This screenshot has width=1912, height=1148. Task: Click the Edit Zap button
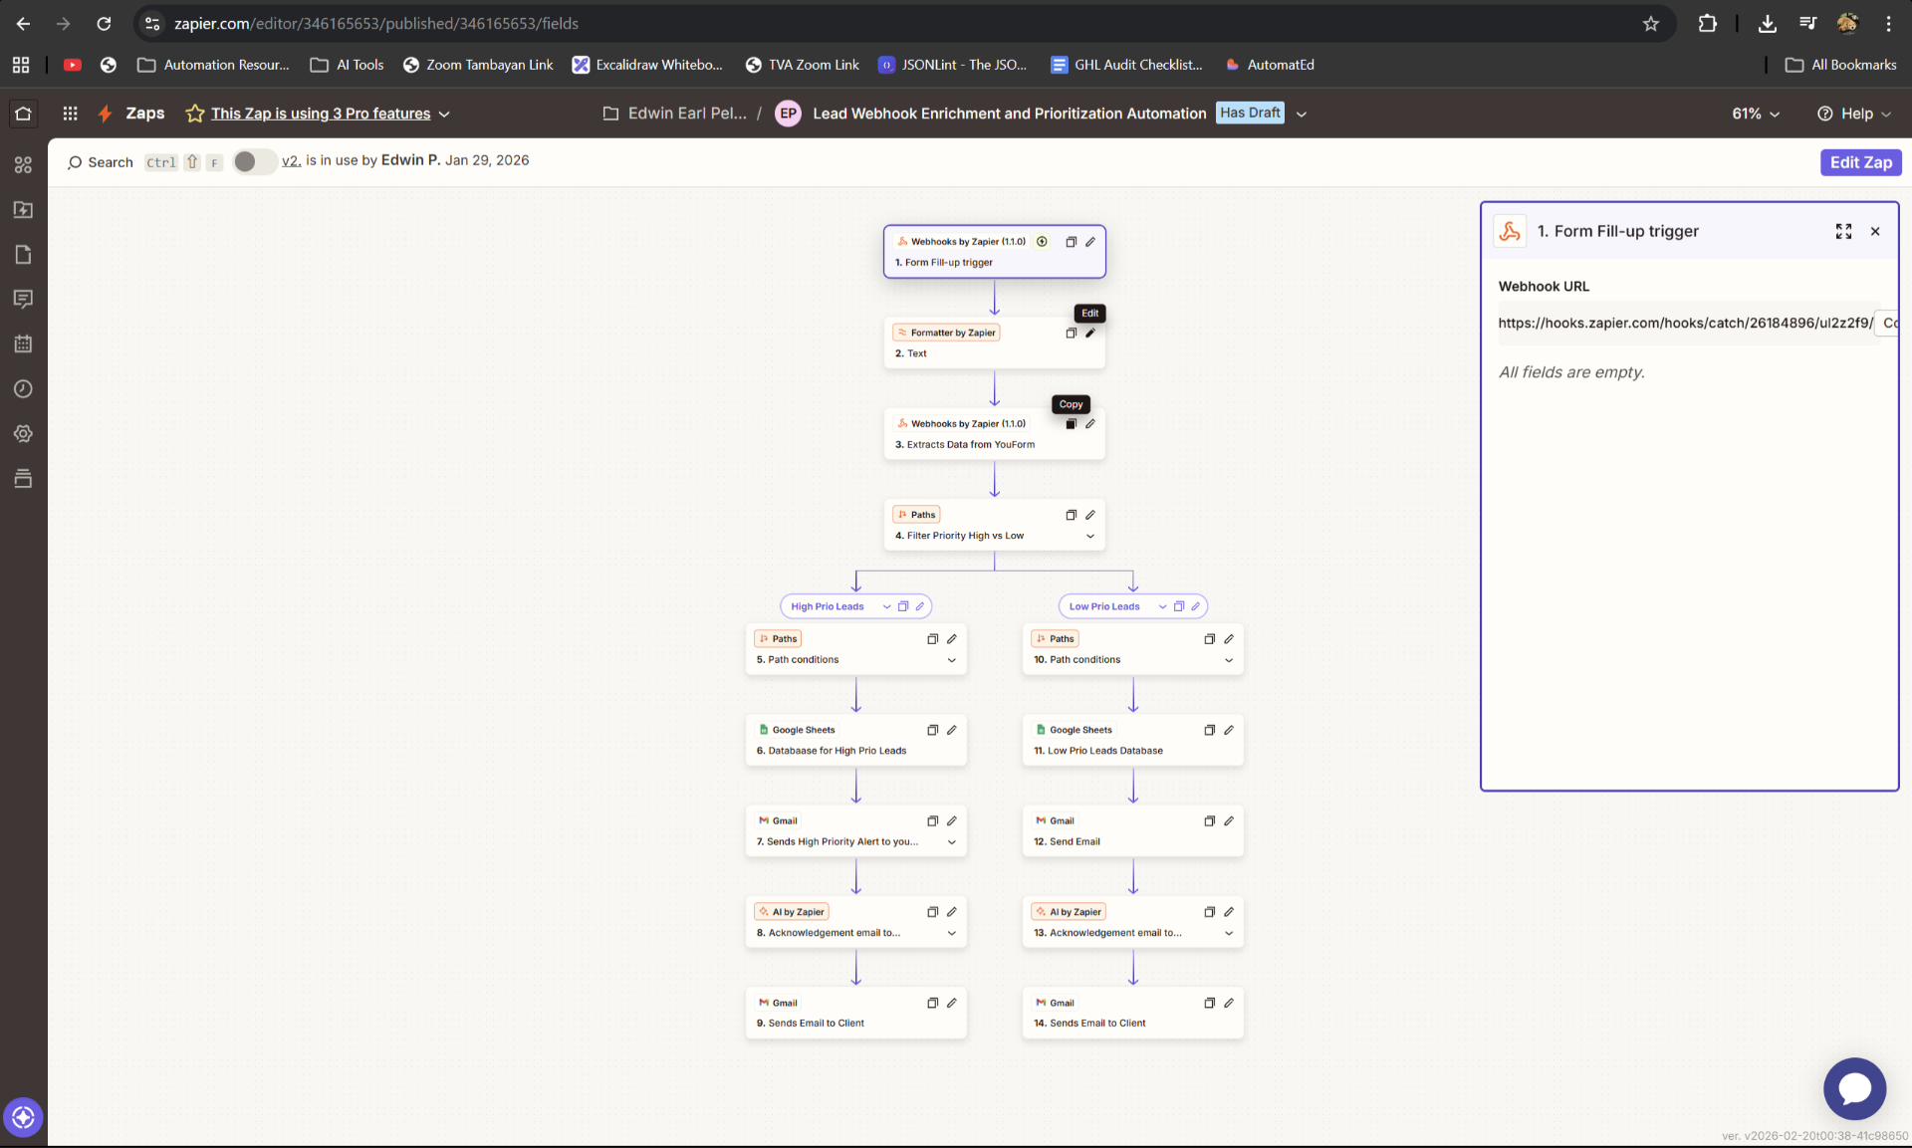coord(1860,162)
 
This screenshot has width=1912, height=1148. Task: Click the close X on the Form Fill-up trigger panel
coord(1875,231)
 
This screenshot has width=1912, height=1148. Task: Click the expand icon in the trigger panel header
coord(1843,231)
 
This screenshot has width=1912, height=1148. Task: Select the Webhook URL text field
coord(1685,323)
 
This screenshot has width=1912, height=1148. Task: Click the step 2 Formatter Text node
coord(994,343)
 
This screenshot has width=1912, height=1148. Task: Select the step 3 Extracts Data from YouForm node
coord(994,434)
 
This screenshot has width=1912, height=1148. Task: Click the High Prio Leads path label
coord(828,606)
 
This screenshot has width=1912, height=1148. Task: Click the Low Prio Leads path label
coord(1104,606)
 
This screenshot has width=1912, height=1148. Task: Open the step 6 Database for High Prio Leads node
coord(855,740)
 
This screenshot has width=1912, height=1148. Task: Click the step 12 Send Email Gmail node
coord(1132,830)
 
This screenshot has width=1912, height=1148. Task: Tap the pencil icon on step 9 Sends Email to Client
coord(952,1003)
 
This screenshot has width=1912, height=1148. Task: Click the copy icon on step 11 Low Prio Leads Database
coord(1209,730)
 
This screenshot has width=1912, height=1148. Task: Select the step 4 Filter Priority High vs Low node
coord(994,525)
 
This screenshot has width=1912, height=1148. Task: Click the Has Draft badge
coord(1250,113)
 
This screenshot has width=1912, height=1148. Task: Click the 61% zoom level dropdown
coord(1755,114)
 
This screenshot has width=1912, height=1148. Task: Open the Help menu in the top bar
coord(1854,114)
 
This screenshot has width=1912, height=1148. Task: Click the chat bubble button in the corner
coord(1854,1088)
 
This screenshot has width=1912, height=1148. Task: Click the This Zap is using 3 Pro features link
coord(321,114)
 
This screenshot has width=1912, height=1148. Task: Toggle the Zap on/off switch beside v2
coord(254,161)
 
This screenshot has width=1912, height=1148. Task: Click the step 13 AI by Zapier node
coord(1132,922)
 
